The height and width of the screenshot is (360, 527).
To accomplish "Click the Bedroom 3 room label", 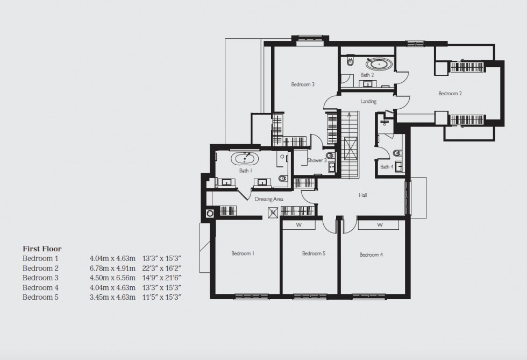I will [303, 84].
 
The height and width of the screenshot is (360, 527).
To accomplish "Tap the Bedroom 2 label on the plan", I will [450, 93].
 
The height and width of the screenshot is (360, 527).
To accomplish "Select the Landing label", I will [368, 101].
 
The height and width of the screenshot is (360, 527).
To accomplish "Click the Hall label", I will [363, 195].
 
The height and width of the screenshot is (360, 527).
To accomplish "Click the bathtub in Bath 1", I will [245, 159].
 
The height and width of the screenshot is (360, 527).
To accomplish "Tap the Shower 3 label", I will [317, 160].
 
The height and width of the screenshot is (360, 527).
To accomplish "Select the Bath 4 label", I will [387, 167].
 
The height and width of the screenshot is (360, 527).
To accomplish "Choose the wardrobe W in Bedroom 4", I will [379, 224].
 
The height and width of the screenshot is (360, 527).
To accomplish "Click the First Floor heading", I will [42, 249].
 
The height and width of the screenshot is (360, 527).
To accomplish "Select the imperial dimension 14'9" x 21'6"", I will [158, 278].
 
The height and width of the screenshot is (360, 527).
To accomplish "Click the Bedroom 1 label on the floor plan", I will [243, 253].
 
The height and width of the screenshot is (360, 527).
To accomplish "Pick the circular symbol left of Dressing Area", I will [210, 213].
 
